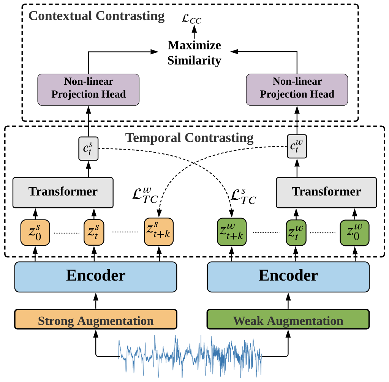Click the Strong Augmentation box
tap(96, 319)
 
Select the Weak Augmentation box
tap(288, 319)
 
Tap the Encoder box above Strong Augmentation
tap(96, 276)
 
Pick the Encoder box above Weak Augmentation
tap(288, 276)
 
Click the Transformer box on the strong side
tap(63, 192)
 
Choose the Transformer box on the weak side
tap(326, 192)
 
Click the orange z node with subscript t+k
tap(158, 231)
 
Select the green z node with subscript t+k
tap(231, 231)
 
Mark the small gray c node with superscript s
tap(88, 148)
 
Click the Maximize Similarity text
tap(194, 53)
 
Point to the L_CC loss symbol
tap(191, 19)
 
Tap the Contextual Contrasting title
tap(96, 16)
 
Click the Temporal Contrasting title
tap(189, 137)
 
